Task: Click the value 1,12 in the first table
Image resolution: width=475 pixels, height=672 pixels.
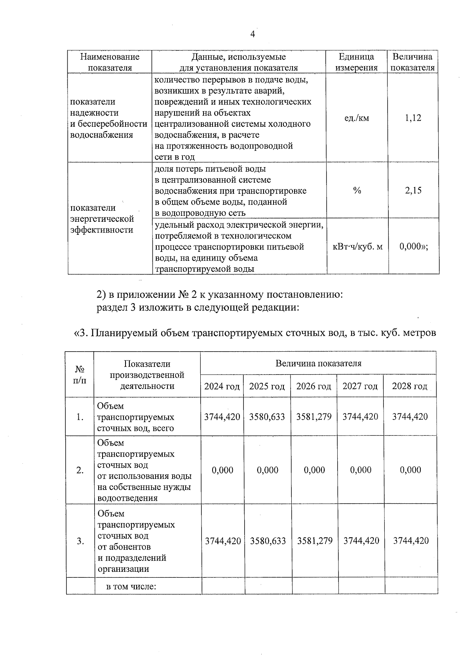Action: [x=413, y=118]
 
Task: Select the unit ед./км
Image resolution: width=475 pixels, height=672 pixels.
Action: [x=357, y=118]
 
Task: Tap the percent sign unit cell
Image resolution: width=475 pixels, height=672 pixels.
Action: [x=357, y=191]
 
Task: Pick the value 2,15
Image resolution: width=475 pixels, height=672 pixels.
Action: [x=413, y=191]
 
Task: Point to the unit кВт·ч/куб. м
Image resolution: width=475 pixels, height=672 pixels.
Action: [x=357, y=247]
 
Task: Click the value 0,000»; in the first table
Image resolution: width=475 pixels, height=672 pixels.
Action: [x=414, y=246]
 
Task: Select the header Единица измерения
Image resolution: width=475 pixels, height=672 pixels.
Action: [x=357, y=62]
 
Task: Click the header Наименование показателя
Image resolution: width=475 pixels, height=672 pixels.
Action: [x=110, y=62]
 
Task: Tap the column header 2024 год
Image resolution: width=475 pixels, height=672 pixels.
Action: [x=222, y=386]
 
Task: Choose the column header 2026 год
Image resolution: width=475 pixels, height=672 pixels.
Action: [x=313, y=386]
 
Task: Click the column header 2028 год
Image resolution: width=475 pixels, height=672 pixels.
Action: [x=410, y=386]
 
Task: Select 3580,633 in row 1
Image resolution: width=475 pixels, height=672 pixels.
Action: [x=267, y=417]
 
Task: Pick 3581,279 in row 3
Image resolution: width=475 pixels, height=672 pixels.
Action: [x=315, y=541]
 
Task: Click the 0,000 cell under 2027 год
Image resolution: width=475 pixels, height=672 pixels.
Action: [x=361, y=470]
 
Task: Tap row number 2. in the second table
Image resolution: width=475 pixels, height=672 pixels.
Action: [x=80, y=470]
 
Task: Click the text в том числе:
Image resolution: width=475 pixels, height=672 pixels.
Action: [x=131, y=586]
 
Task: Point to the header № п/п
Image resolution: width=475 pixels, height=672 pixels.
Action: [x=80, y=375]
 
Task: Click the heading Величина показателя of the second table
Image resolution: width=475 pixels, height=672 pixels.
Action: [x=318, y=364]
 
